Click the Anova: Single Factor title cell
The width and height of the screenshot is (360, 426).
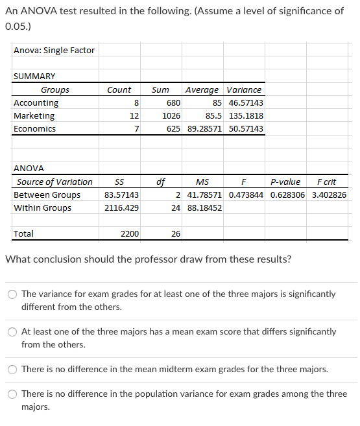pyautogui.click(x=54, y=51)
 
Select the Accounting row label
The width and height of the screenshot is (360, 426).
pyautogui.click(x=36, y=103)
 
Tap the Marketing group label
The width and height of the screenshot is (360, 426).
pyautogui.click(x=34, y=116)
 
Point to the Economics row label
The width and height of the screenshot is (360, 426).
pyautogui.click(x=35, y=129)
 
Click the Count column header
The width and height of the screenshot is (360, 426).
pyautogui.click(x=119, y=90)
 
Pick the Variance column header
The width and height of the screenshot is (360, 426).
pyautogui.click(x=244, y=90)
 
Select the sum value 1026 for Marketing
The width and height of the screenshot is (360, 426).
pyautogui.click(x=171, y=116)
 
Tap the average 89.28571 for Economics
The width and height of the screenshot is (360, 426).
pyautogui.click(x=204, y=129)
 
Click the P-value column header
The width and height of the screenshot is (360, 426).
pyautogui.click(x=285, y=182)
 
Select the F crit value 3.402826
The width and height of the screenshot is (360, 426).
pyautogui.click(x=329, y=195)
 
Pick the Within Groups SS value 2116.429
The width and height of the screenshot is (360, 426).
pyautogui.click(x=121, y=208)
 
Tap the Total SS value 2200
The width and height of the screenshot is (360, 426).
pyautogui.click(x=130, y=234)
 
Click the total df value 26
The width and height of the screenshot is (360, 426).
pyautogui.click(x=176, y=234)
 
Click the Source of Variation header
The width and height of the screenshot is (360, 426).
pyautogui.click(x=54, y=182)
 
